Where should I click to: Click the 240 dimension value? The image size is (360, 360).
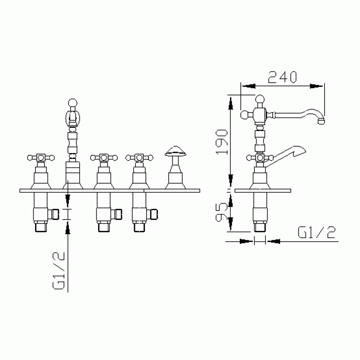point(282,77)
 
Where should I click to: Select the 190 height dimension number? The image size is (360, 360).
point(221,141)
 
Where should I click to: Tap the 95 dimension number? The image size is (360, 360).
point(221,212)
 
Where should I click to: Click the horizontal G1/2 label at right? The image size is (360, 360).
point(317,232)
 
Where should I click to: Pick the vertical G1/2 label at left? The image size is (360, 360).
point(59,271)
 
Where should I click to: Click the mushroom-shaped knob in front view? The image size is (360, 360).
point(175,151)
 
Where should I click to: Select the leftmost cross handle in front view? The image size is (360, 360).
point(41,158)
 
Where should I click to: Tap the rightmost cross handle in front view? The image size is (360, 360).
point(139,158)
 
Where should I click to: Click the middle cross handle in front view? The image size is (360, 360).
point(104,158)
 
